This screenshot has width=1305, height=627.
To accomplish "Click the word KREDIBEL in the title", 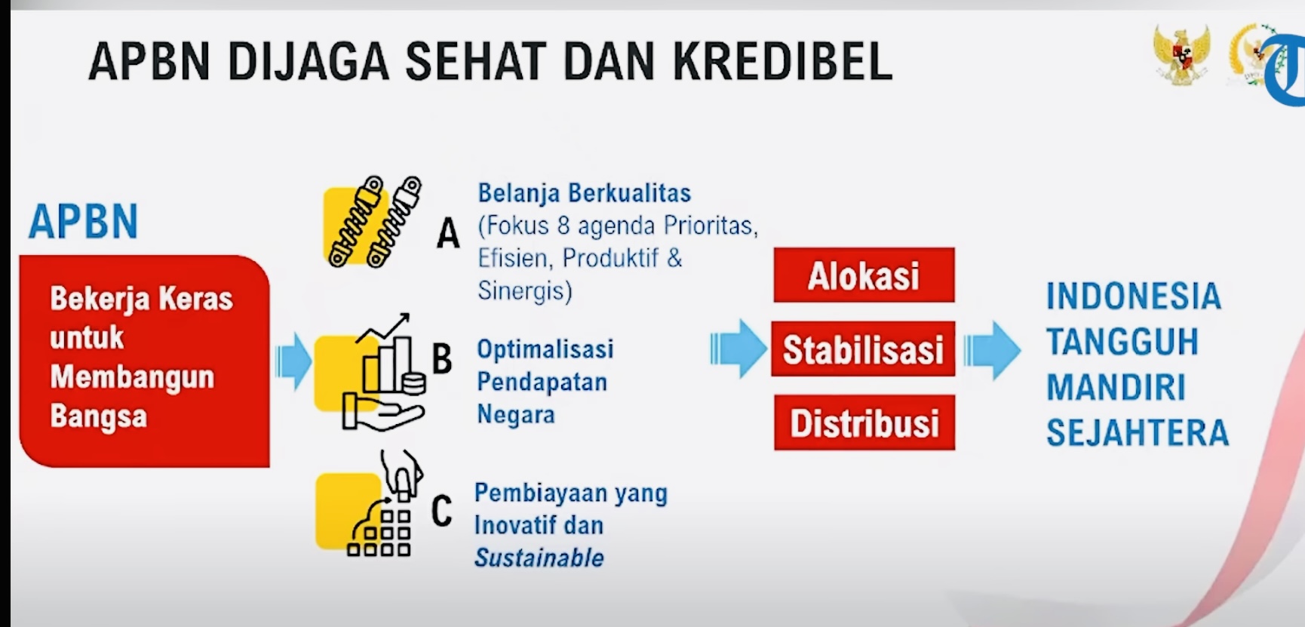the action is [x=782, y=61].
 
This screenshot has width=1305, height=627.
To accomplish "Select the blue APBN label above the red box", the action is [x=84, y=221].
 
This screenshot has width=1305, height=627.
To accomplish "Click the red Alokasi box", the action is [x=864, y=275].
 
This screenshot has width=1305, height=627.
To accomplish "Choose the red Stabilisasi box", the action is [x=863, y=349].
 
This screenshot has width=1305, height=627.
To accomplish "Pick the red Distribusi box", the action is [x=864, y=423].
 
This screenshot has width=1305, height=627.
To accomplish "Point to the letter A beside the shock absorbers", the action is [x=448, y=233].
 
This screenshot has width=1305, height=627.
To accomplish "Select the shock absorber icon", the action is [x=372, y=222].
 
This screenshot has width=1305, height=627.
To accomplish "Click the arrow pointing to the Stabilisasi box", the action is [x=737, y=349].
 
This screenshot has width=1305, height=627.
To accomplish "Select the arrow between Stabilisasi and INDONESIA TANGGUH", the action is [x=992, y=350].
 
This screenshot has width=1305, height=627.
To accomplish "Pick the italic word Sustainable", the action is [x=539, y=558].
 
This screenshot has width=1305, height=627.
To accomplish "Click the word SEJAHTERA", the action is [x=1138, y=433].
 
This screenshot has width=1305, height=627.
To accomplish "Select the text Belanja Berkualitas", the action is [x=585, y=193].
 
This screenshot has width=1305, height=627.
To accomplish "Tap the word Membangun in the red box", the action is [x=132, y=377].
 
